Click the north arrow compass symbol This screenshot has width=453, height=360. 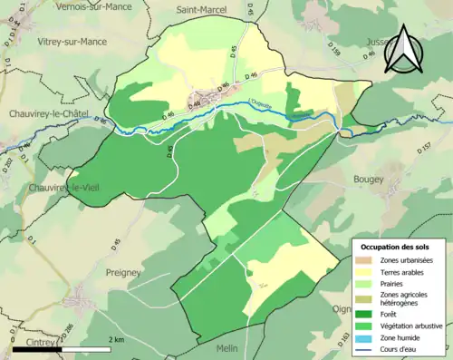point(404,50)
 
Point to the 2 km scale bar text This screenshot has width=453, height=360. point(116,339)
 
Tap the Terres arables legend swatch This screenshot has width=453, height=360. point(366,271)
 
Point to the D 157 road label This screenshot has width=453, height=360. point(425,145)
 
